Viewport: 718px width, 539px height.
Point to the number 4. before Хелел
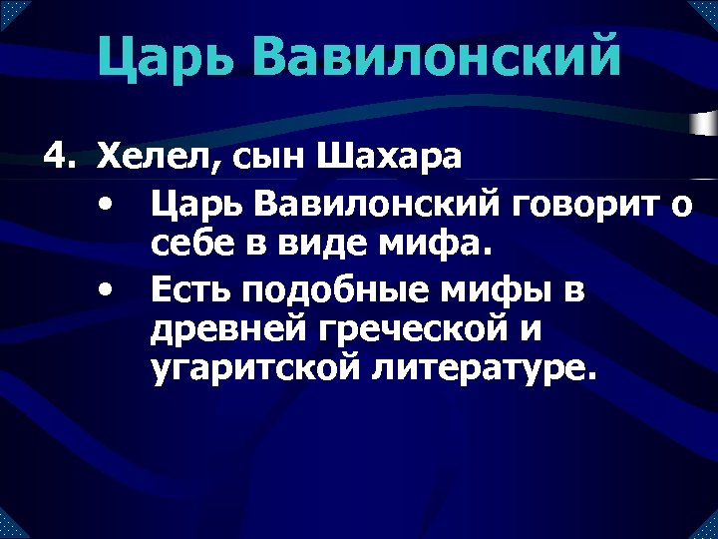tap(59, 158)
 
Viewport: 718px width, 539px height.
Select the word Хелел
tap(148, 158)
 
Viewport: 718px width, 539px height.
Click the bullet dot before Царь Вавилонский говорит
tap(105, 206)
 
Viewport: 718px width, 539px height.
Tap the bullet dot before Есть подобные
tap(105, 289)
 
